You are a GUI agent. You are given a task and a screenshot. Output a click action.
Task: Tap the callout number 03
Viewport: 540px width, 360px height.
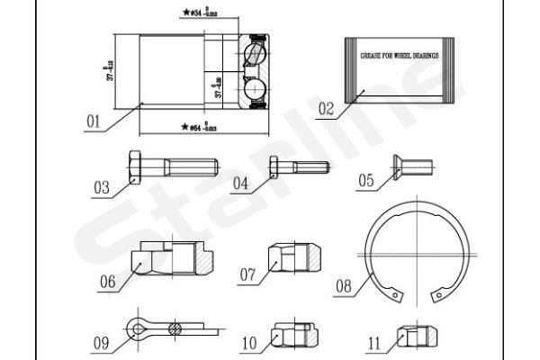point(101,188)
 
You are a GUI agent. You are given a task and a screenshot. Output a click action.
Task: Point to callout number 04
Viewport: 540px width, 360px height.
point(239,184)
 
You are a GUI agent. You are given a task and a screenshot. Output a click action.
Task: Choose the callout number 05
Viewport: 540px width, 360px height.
point(365,181)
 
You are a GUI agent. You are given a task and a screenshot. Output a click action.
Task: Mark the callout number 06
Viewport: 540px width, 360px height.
point(108,281)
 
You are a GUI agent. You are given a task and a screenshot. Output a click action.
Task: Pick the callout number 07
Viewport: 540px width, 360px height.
point(248,273)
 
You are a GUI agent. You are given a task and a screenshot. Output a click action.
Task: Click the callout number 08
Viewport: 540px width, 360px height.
point(343,287)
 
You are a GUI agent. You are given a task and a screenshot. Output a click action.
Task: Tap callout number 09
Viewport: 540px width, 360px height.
point(101,343)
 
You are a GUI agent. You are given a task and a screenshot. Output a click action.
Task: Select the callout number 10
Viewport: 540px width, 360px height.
point(249,343)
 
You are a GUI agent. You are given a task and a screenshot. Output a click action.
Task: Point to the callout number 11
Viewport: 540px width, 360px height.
point(375,343)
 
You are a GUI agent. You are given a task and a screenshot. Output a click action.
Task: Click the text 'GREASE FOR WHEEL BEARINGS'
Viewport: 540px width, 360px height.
point(400,54)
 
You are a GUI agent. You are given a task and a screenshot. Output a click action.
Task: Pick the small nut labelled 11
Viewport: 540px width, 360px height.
point(417,336)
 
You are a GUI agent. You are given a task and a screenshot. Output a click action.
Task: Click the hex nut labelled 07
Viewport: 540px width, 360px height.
point(292,258)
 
